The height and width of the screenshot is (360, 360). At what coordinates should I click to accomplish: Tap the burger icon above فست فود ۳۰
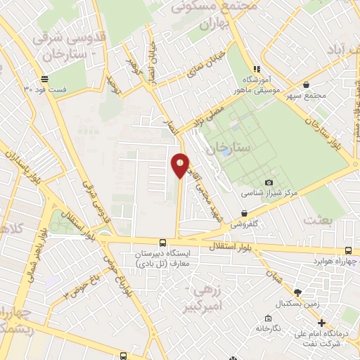coord(45,78)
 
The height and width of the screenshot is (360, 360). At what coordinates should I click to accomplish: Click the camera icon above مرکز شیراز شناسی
coord(269,183)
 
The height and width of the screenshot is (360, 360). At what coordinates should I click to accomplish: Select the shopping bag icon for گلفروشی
coord(244,213)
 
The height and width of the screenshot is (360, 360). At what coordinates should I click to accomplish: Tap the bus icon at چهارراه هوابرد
coord(349,250)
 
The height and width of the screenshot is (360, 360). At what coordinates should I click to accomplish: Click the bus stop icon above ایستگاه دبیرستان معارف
coord(162,241)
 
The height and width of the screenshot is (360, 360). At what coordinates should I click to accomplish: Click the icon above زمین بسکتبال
coord(297,292)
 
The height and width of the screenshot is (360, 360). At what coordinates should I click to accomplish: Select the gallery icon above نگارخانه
coord(267,318)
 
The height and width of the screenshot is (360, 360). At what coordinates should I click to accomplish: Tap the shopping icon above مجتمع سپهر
coord(307,85)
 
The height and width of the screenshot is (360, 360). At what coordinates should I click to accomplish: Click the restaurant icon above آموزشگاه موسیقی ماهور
coord(257,69)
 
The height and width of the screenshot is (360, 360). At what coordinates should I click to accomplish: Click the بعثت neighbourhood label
coord(319,219)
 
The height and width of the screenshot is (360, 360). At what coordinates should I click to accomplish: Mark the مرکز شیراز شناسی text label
coord(270,192)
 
